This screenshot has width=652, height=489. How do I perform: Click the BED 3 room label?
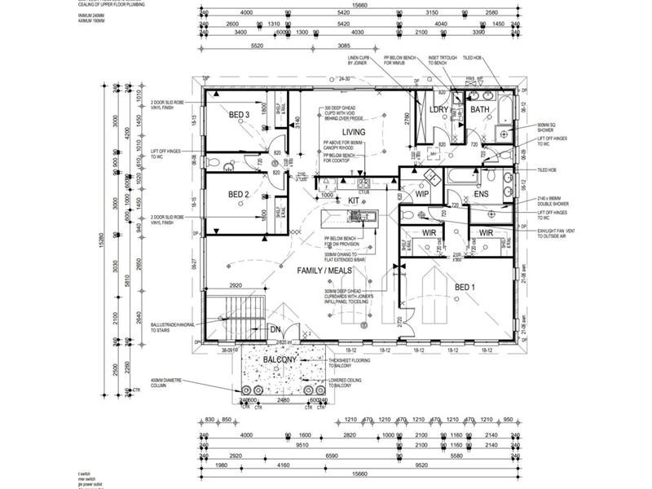[238, 115]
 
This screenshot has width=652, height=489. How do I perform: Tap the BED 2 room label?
[238, 194]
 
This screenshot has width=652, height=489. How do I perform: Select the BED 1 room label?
[465, 287]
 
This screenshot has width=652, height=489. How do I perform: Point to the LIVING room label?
[354, 131]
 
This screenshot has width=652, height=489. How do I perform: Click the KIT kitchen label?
[354, 200]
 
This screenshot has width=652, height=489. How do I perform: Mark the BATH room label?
[480, 109]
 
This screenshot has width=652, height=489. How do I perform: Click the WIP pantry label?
[421, 194]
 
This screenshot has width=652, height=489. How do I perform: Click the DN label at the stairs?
[275, 328]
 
